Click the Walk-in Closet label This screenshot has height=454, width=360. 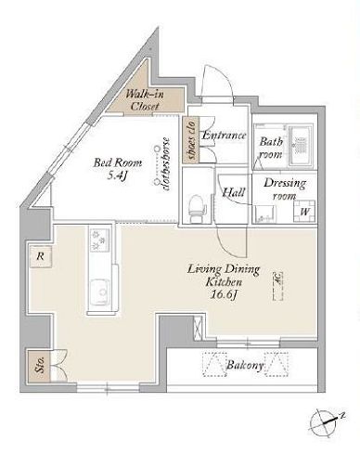tap(145, 99)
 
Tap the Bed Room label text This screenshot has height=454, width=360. tap(118, 162)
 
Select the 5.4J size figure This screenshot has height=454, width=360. tap(118, 176)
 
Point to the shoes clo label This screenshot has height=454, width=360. tap(191, 140)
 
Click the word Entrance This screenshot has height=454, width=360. tap(224, 136)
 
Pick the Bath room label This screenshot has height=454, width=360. tap(271, 148)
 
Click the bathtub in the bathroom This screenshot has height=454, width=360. tap(301, 146)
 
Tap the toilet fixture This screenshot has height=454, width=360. tap(197, 208)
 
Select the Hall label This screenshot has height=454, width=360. tap(234, 192)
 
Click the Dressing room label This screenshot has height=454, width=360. tap(285, 189)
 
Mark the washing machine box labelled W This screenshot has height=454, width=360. tap(304, 212)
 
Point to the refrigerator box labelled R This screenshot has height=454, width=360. tap(40, 256)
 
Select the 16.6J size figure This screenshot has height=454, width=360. tap(224, 294)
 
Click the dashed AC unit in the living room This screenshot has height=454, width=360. tap(277, 286)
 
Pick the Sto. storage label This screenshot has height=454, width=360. tap(40, 365)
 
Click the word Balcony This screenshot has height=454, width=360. tap(245, 366)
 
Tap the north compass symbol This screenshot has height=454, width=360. tap(324, 422)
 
